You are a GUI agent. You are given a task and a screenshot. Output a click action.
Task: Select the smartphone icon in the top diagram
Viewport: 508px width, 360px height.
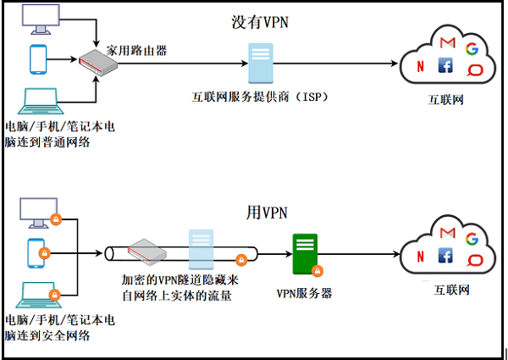click(37, 58)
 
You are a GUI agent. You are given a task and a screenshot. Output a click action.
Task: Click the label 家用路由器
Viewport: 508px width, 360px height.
click(135, 51)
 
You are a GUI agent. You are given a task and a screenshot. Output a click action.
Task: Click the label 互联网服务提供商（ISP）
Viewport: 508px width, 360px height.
click(259, 98)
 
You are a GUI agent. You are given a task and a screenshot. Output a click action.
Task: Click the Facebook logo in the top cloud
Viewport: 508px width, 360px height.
click(445, 65)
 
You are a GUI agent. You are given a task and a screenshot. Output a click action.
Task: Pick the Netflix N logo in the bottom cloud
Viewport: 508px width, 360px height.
click(421, 257)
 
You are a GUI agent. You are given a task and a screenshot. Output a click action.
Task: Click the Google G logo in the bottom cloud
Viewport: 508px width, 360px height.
click(472, 240)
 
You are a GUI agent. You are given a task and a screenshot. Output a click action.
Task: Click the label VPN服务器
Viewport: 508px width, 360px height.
click(304, 293)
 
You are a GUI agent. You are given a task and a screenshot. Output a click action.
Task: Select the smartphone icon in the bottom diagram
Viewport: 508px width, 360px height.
click(36, 252)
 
